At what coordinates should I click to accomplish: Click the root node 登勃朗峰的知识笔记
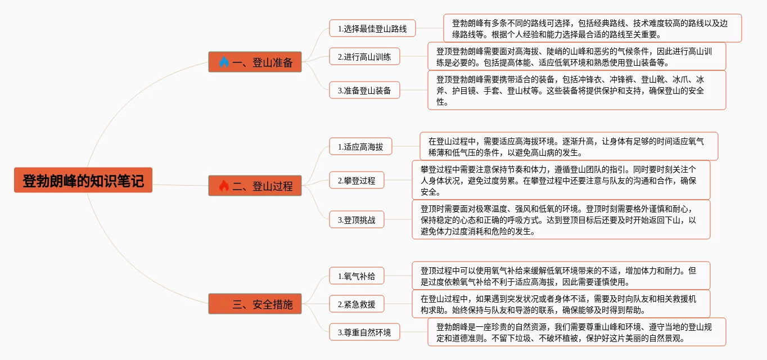pyautogui.click(x=83, y=181)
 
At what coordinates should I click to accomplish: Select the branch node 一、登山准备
pyautogui.click(x=255, y=62)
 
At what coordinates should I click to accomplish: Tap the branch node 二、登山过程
pyautogui.click(x=255, y=186)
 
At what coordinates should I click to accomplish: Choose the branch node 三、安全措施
pyautogui.click(x=255, y=304)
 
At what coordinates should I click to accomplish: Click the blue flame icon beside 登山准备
pyautogui.click(x=224, y=62)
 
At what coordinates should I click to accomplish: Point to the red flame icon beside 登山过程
pyautogui.click(x=224, y=186)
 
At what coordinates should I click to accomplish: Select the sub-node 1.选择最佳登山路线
pyautogui.click(x=372, y=28)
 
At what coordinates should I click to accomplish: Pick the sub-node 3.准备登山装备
pyautogui.click(x=364, y=90)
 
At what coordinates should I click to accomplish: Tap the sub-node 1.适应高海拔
pyautogui.click(x=360, y=147)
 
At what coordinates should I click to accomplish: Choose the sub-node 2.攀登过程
pyautogui.click(x=357, y=181)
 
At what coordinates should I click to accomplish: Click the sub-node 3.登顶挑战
pyautogui.click(x=357, y=220)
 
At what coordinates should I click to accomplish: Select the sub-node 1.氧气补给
pyautogui.click(x=357, y=276)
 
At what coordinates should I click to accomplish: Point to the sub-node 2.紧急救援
pyautogui.click(x=357, y=304)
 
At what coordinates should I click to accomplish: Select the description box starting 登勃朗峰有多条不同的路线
pyautogui.click(x=592, y=28)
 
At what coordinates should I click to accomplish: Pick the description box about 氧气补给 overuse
pyautogui.click(x=561, y=276)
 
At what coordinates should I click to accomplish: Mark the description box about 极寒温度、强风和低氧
pyautogui.click(x=561, y=219)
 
